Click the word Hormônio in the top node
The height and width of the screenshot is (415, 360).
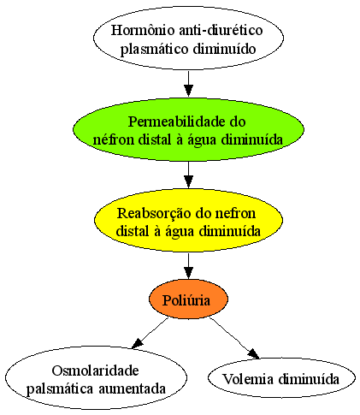coord(143,30)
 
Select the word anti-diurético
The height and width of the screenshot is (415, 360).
coord(221,30)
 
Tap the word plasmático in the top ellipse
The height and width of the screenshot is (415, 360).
coord(154,49)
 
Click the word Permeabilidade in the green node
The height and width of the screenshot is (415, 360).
coord(177,122)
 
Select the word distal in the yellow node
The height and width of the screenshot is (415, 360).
coord(133,231)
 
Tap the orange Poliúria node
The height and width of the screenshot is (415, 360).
coord(188,299)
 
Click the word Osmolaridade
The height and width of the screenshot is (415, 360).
coord(96,371)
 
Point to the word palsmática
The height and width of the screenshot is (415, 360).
coord(60,389)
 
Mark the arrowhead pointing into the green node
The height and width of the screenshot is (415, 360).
coord(188,91)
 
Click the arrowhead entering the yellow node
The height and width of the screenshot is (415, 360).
coord(188,181)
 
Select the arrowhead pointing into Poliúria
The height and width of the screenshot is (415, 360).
coord(188,273)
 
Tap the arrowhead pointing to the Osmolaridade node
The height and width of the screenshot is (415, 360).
coord(137,343)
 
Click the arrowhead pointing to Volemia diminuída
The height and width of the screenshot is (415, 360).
coord(253,353)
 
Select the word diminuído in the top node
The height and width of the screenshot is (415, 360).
coord(224,49)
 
